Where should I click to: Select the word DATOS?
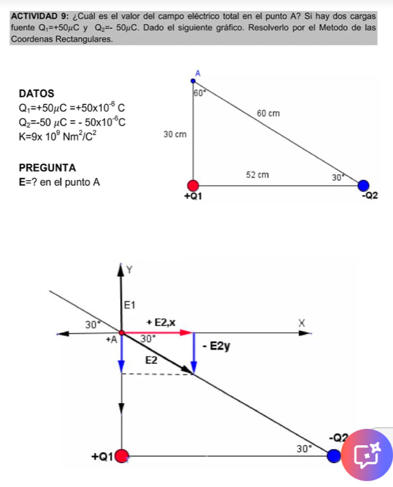[x=36, y=94]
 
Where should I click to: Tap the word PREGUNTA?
[x=47, y=168]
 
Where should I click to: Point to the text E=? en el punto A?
[x=59, y=182]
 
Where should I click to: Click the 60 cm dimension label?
[x=268, y=114]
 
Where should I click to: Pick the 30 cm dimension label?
[x=175, y=134]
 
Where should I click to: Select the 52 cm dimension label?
[x=257, y=175]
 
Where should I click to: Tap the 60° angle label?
[x=200, y=92]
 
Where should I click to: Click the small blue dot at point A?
[x=193, y=81]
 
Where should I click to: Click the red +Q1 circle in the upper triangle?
[x=193, y=185]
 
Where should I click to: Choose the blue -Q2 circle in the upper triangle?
[x=363, y=185]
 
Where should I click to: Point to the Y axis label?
[x=129, y=270]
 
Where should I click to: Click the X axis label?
[x=301, y=323]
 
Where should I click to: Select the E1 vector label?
[x=130, y=305]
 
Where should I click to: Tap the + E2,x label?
[x=161, y=323]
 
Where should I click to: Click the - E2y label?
[x=216, y=346]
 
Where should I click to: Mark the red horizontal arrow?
[x=157, y=333]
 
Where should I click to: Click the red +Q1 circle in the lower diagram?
[x=122, y=456]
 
